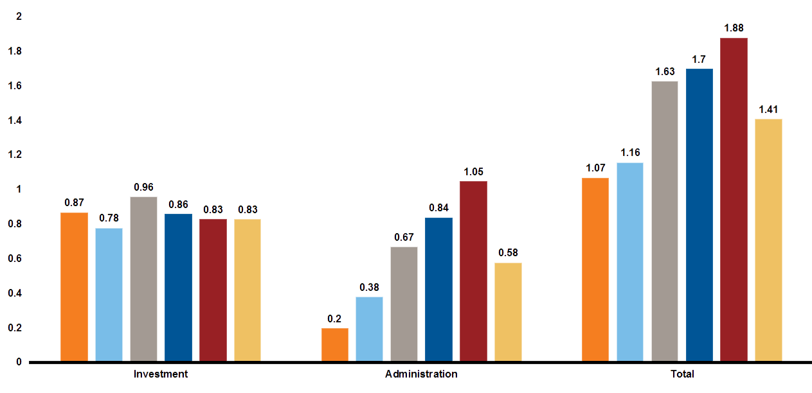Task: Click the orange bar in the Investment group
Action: [x=74, y=286]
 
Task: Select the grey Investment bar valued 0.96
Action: [x=143, y=279]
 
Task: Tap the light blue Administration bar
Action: [x=369, y=328]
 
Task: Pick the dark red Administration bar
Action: [x=473, y=270]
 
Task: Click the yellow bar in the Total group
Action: [x=768, y=240]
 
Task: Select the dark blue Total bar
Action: [x=699, y=214]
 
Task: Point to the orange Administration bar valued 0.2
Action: [x=335, y=344]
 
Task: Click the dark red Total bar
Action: [x=734, y=199]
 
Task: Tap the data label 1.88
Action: [x=734, y=28]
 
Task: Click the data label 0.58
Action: [x=508, y=252]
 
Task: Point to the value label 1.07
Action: [x=595, y=168]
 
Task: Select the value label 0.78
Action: [x=109, y=218]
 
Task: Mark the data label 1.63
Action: [x=665, y=71]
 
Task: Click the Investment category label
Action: [x=161, y=374]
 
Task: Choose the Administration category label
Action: [x=421, y=374]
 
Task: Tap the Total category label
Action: [x=681, y=374]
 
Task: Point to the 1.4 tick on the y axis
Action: [x=14, y=120]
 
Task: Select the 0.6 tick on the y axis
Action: [x=14, y=259]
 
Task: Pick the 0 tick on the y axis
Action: [x=19, y=362]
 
